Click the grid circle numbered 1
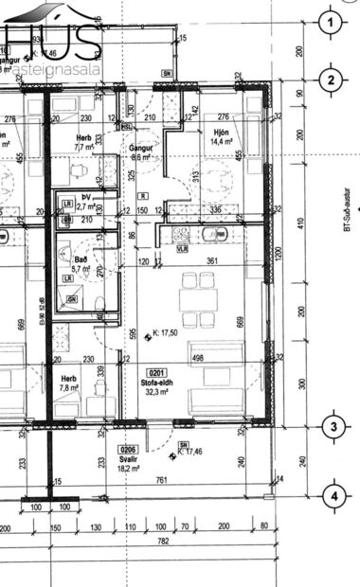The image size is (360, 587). click(331, 22)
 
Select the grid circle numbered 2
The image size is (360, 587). click(331, 80)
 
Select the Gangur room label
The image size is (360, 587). click(141, 149)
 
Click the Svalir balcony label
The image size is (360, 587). click(127, 459)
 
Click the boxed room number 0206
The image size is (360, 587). click(128, 449)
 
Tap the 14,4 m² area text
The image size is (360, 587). click(223, 141)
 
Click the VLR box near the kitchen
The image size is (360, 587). click(182, 248)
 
